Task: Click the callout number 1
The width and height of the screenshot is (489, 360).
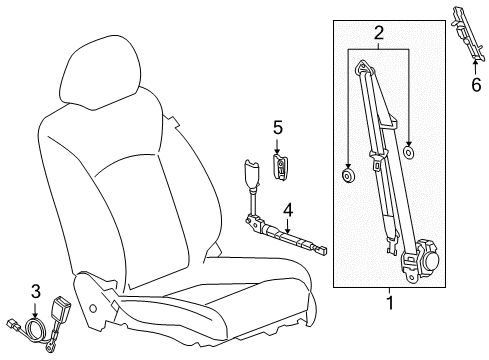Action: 390,326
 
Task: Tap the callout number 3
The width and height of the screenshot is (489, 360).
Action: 34,292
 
